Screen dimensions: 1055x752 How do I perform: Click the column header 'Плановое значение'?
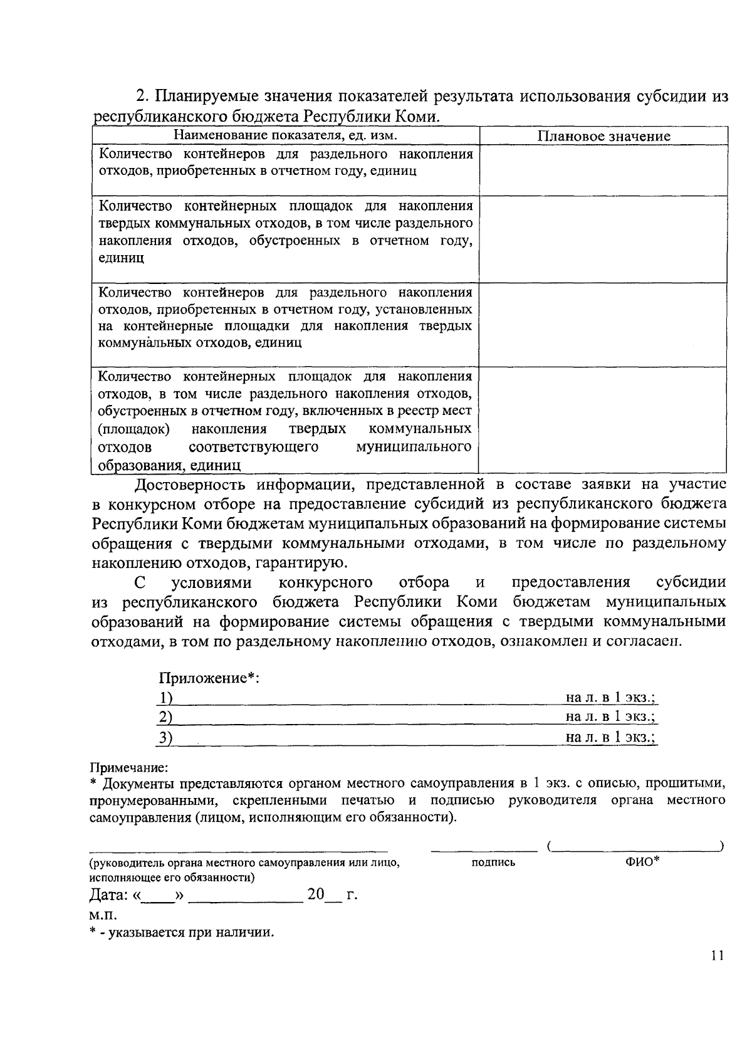[x=604, y=136]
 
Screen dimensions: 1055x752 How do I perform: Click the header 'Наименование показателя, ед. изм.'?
[x=286, y=135]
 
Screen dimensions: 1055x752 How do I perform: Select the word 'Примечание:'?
[x=128, y=767]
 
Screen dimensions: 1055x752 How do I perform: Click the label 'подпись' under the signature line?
[x=493, y=862]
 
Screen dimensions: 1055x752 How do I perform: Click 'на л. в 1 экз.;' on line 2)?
[x=611, y=716]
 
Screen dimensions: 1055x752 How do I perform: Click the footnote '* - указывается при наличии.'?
[x=182, y=932]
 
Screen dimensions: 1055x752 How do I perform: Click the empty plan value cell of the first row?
[x=603, y=170]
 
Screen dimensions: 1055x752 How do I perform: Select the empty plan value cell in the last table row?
[x=603, y=419]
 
